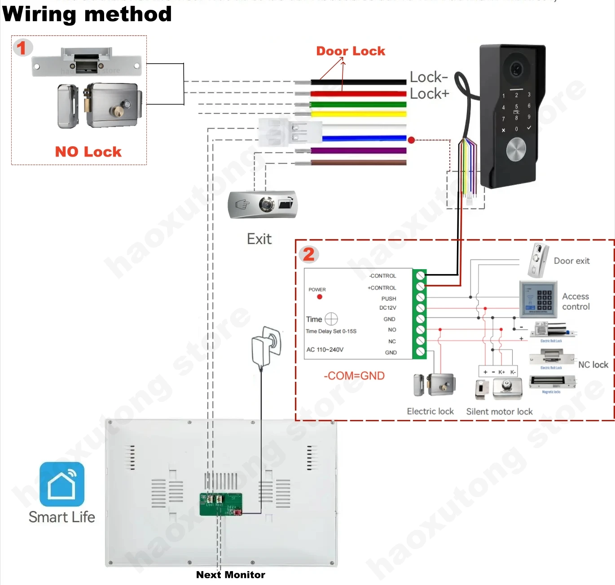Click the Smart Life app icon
(x=62, y=484)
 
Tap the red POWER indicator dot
(x=320, y=297)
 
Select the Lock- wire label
(x=429, y=77)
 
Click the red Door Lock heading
(x=351, y=51)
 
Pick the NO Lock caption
(x=88, y=152)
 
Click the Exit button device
(x=263, y=205)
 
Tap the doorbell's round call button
(x=516, y=149)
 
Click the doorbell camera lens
(x=516, y=69)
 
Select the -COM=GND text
(x=354, y=375)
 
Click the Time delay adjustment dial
(x=331, y=319)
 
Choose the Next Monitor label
(x=230, y=575)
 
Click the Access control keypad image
(x=538, y=299)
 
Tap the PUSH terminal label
(x=389, y=299)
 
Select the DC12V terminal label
(x=388, y=308)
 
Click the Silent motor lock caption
(x=499, y=411)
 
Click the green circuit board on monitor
(x=221, y=504)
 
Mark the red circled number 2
(x=309, y=254)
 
